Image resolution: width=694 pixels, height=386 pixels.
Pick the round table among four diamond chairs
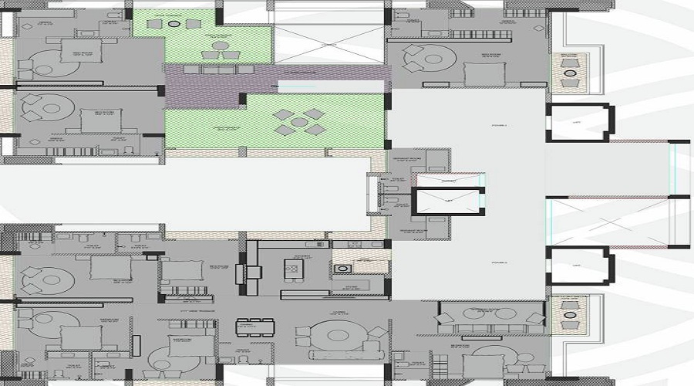tap(296, 121)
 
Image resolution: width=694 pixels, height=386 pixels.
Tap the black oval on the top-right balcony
tap(570, 73)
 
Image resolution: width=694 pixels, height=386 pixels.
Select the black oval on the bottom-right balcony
tap(570, 316)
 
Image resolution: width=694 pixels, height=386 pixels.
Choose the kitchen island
tap(294, 269)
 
